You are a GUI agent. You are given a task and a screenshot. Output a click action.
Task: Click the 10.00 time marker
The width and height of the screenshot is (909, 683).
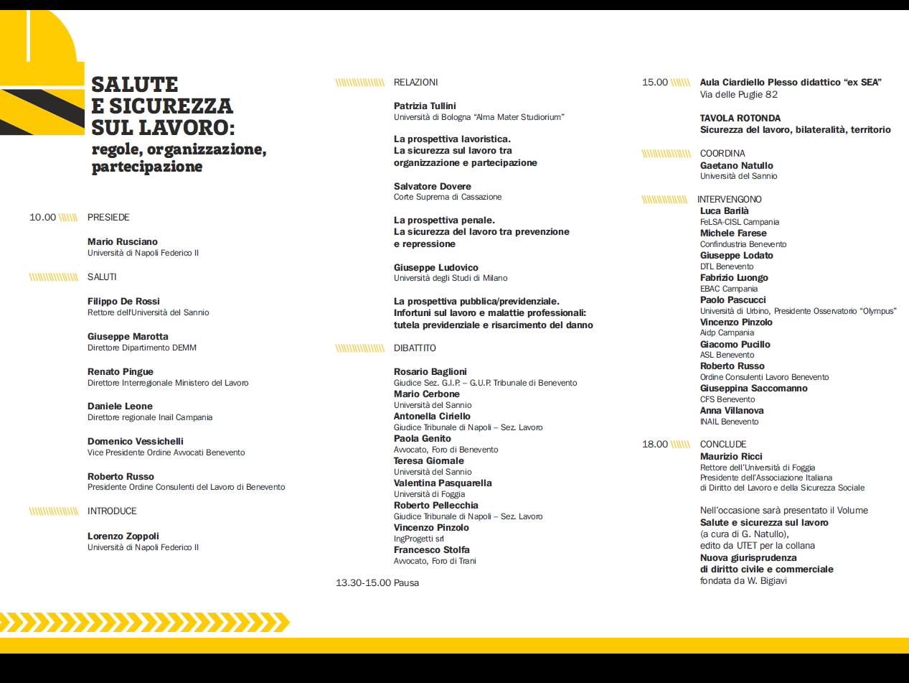click(42, 218)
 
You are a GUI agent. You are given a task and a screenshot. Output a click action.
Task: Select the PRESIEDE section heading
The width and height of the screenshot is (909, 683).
click(108, 218)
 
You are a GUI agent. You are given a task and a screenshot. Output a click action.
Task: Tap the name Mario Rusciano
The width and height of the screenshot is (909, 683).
click(122, 242)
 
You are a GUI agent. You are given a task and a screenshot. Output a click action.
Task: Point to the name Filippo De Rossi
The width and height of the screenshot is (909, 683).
click(123, 302)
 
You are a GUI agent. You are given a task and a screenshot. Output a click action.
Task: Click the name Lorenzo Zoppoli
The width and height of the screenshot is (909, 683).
click(123, 536)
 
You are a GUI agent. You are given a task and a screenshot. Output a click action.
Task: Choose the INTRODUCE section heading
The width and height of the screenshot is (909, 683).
click(112, 511)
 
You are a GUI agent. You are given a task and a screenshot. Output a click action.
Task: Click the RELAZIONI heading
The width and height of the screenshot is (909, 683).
click(415, 83)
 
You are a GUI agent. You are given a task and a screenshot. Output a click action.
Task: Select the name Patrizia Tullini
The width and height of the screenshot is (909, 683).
click(425, 106)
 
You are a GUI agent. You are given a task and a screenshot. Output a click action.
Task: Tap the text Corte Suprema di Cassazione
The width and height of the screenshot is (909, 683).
click(448, 197)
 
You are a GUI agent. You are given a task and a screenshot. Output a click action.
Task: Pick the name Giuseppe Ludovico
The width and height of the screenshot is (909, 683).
click(435, 268)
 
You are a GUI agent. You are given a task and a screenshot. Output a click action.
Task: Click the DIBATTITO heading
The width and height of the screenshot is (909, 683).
click(415, 348)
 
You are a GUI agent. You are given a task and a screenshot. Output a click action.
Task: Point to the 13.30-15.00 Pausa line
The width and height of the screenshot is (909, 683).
click(377, 582)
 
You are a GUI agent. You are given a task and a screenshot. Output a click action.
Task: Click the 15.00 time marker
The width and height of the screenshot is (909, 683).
click(655, 83)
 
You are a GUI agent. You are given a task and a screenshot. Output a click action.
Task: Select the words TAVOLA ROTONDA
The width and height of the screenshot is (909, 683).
click(740, 119)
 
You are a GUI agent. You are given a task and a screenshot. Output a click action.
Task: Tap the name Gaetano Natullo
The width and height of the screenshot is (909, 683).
click(736, 166)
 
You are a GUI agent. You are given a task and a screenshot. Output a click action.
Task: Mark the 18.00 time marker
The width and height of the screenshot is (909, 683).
click(655, 445)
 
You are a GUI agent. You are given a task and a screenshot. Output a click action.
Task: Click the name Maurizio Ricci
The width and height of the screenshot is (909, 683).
click(731, 457)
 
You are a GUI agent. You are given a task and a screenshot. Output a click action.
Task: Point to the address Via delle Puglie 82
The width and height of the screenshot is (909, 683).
click(739, 95)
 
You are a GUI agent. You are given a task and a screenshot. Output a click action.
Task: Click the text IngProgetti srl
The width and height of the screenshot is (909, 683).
click(419, 539)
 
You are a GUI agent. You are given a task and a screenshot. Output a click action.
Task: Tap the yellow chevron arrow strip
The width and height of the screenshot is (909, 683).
click(143, 622)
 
